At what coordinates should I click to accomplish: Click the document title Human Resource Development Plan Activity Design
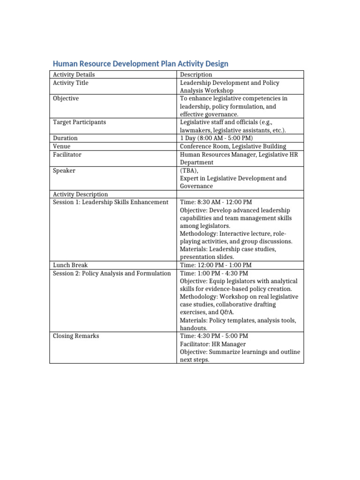pyautogui.click(x=140, y=63)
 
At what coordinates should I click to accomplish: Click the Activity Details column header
pyautogui.click(x=74, y=75)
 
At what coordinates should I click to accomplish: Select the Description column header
pyautogui.click(x=196, y=75)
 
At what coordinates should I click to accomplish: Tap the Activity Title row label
pyautogui.click(x=70, y=83)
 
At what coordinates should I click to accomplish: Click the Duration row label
pyautogui.click(x=65, y=138)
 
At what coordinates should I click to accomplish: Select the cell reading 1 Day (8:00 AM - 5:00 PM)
pyautogui.click(x=216, y=138)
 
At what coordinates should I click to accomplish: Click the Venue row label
pyautogui.click(x=61, y=146)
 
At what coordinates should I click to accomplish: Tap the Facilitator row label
pyautogui.click(x=67, y=154)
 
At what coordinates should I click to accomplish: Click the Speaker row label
pyautogui.click(x=64, y=171)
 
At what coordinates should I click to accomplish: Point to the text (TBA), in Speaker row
pyautogui.click(x=189, y=171)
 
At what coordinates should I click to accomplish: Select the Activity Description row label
pyautogui.click(x=80, y=195)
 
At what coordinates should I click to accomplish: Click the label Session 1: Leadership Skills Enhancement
pyautogui.click(x=110, y=202)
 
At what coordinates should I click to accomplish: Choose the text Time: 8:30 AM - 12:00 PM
pyautogui.click(x=216, y=202)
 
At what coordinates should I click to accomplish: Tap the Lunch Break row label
pyautogui.click(x=70, y=265)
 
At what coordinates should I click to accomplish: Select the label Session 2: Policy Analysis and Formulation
pyautogui.click(x=112, y=273)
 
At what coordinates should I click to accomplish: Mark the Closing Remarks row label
pyautogui.click(x=75, y=336)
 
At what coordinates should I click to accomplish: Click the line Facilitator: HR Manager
pyautogui.click(x=213, y=344)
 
